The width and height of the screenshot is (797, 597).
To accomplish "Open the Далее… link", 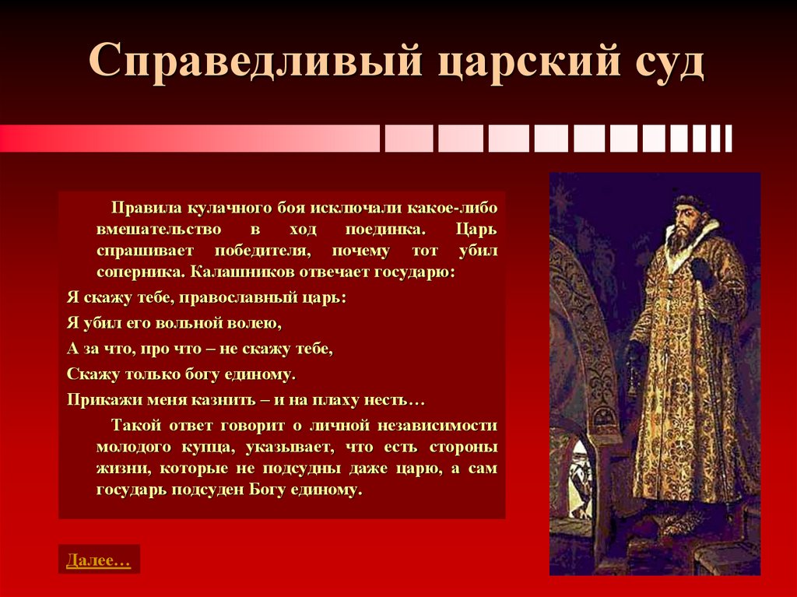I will tap(98, 560).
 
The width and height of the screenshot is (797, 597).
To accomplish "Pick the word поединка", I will tap(387, 231).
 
